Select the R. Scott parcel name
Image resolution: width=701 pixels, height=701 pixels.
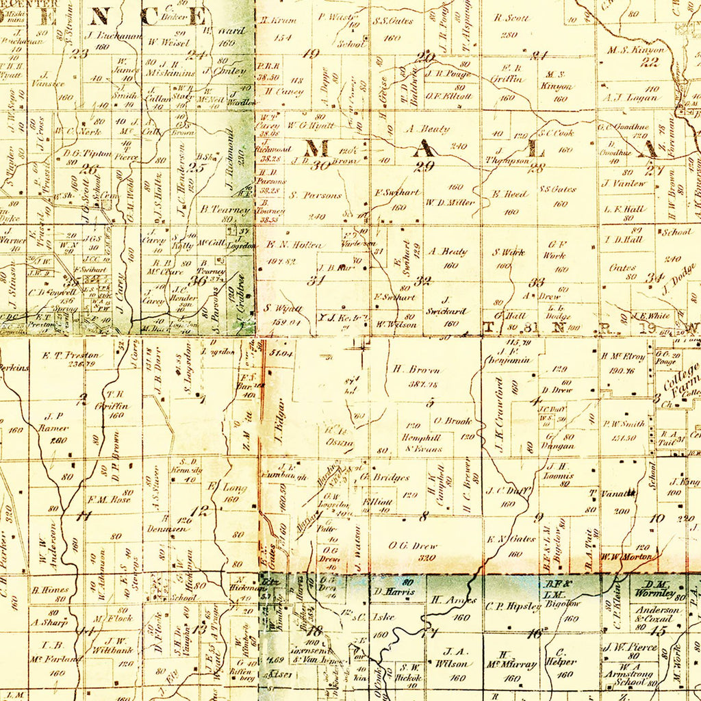(x=511, y=18)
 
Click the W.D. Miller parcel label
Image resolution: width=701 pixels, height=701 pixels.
(x=450, y=202)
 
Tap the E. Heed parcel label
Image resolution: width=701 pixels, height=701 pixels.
(x=509, y=194)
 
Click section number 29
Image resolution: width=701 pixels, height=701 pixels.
(x=424, y=166)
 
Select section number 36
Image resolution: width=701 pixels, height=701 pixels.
(x=199, y=279)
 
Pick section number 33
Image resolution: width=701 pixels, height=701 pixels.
(x=537, y=281)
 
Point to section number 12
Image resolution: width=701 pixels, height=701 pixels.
(x=200, y=510)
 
